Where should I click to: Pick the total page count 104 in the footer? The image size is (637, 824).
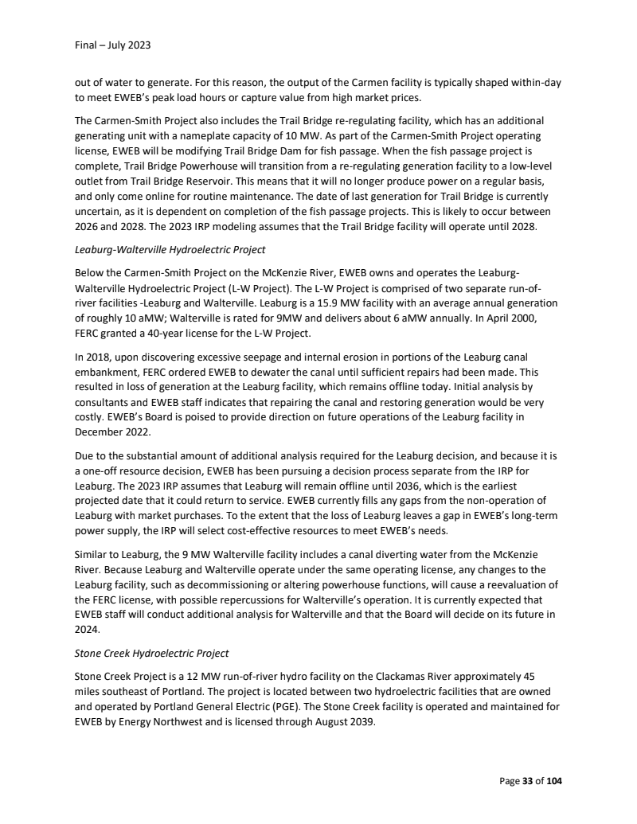(553, 780)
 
